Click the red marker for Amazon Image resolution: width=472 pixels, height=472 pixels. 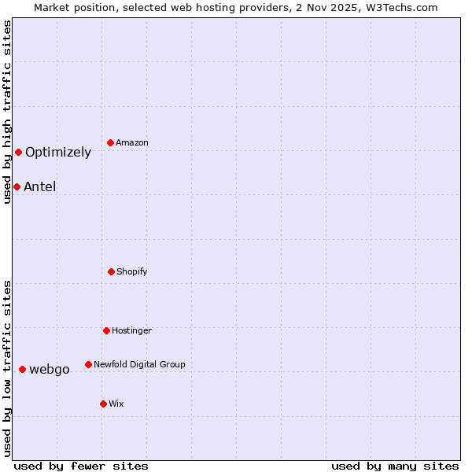pyautogui.click(x=111, y=142)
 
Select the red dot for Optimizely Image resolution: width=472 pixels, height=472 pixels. pyautogui.click(x=18, y=152)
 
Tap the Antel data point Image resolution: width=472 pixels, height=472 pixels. pyautogui.click(x=17, y=186)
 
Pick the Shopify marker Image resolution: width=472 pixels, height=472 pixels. pyautogui.click(x=111, y=271)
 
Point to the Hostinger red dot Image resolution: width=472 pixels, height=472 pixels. pyautogui.click(x=106, y=330)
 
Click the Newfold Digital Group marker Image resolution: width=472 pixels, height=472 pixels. pyautogui.click(x=88, y=364)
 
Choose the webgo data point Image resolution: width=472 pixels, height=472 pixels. pyautogui.click(x=22, y=369)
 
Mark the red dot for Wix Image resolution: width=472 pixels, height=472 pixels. pyautogui.click(x=103, y=404)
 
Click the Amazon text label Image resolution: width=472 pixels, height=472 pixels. pyautogui.click(x=132, y=142)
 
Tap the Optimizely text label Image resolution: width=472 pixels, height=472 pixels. pyautogui.click(x=58, y=153)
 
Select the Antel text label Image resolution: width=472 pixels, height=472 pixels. pyautogui.click(x=40, y=187)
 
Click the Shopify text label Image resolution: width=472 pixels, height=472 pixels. pyautogui.click(x=132, y=271)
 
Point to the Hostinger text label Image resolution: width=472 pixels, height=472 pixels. pyautogui.click(x=131, y=330)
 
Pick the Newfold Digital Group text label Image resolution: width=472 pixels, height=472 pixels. pyautogui.click(x=139, y=364)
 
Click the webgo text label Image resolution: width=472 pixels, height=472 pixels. pyautogui.click(x=50, y=370)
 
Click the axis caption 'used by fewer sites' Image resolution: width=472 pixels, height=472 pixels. pyautogui.click(x=81, y=466)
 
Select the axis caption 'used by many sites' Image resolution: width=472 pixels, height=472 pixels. pyautogui.click(x=395, y=466)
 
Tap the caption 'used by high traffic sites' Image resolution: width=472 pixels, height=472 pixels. pyautogui.click(x=7, y=112)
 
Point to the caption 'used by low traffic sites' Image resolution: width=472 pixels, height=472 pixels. pyautogui.click(x=7, y=368)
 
